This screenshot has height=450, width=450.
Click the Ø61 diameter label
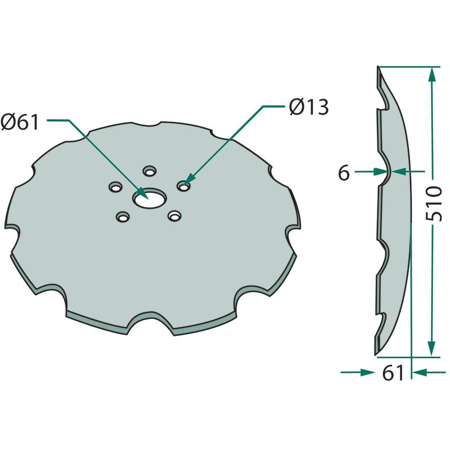pyautogui.click(x=20, y=122)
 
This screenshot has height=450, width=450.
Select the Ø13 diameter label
pyautogui.click(x=309, y=107)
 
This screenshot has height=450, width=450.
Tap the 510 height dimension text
pyautogui.click(x=433, y=203)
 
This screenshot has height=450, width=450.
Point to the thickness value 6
pyautogui.click(x=344, y=173)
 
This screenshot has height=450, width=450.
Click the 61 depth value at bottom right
pyautogui.click(x=393, y=373)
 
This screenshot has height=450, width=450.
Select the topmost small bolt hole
pyautogui.click(x=149, y=171)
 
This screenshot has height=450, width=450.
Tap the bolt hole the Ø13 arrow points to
pyautogui.click(x=184, y=186)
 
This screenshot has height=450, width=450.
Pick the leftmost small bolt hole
pyautogui.click(x=115, y=187)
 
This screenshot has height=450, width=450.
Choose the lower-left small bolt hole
pyautogui.click(x=123, y=217)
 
